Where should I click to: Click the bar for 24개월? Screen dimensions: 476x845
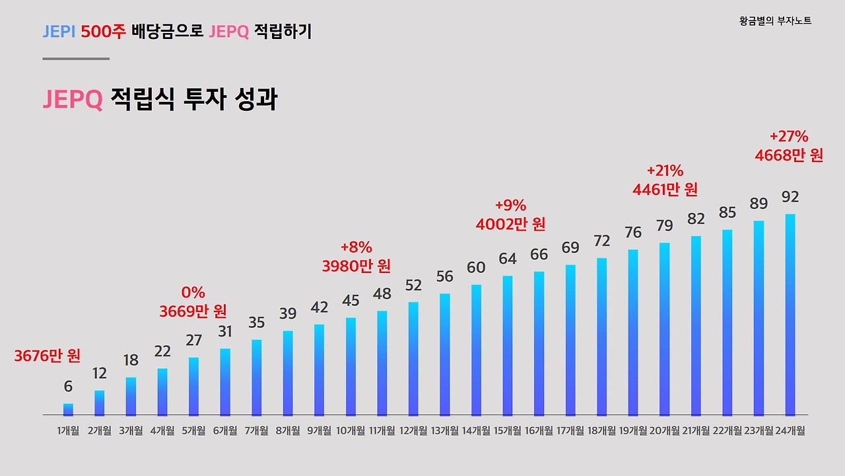tap(790, 315)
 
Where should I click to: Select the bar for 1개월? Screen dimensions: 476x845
tap(68, 409)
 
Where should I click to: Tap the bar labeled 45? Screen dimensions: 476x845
tap(351, 366)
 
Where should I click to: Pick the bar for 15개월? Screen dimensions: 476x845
tap(508, 345)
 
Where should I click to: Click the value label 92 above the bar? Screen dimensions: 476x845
tap(790, 197)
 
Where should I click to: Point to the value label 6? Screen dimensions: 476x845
tap(68, 387)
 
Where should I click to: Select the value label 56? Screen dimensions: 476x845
tap(445, 277)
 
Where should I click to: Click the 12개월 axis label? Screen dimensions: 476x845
tap(413, 431)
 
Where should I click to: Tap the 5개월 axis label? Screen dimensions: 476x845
tap(193, 431)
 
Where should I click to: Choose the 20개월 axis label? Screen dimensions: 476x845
tap(664, 431)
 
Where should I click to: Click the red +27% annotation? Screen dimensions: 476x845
tap(789, 137)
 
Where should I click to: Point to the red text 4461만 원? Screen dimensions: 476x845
tap(665, 190)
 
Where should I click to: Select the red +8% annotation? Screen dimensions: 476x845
tap(356, 248)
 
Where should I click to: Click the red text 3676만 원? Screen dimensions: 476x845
tap(48, 356)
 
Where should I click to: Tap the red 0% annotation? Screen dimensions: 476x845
tap(193, 293)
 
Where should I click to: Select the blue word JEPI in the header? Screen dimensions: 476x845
tap(59, 31)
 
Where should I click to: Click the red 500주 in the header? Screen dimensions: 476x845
tap(103, 31)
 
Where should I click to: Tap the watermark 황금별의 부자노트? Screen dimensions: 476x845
tap(776, 21)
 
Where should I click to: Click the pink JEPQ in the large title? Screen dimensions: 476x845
tap(73, 100)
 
